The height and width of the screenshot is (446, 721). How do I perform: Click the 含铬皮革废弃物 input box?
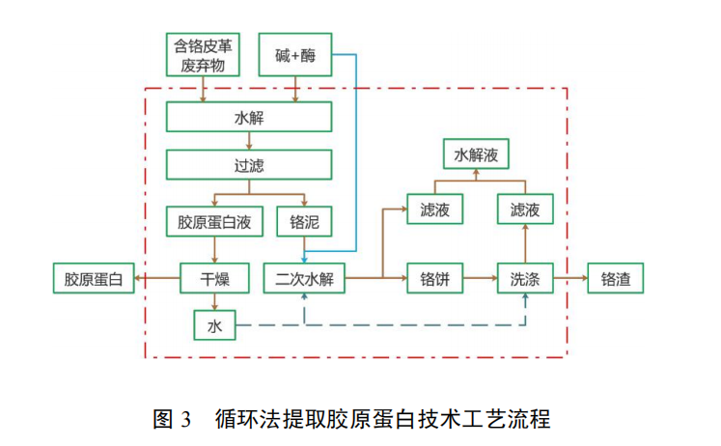tap(202, 55)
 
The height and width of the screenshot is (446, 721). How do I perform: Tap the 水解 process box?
tap(248, 118)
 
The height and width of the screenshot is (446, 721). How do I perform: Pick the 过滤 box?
tap(248, 164)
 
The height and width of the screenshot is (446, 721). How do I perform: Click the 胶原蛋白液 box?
tap(214, 222)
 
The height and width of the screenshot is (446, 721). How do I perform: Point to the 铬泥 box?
tap(304, 222)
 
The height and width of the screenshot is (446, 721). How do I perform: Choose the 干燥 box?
tap(214, 279)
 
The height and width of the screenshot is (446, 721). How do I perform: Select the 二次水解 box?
tap(304, 279)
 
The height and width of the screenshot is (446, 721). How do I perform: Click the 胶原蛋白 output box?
tap(94, 279)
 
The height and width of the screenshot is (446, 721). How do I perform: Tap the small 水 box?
tap(214, 325)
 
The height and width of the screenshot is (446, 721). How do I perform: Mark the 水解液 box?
tap(475, 153)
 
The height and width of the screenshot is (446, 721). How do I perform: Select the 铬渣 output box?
tap(615, 279)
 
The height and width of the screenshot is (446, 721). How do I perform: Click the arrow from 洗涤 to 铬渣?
tap(568, 279)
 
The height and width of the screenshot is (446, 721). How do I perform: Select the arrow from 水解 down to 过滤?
tap(248, 141)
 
